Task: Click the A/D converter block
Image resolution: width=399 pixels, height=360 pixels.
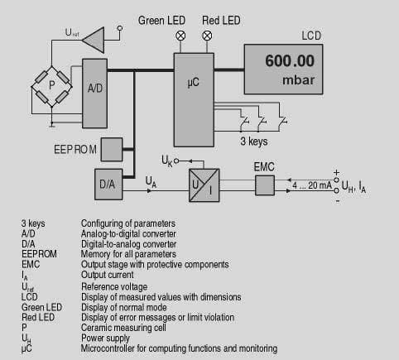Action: coord(94,94)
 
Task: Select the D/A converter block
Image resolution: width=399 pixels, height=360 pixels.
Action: coord(108,185)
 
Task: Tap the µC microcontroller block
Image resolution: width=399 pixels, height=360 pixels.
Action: coord(194,100)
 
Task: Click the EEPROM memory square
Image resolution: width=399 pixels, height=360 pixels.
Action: coord(112,150)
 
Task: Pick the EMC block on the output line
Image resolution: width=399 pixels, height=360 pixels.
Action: coord(265,185)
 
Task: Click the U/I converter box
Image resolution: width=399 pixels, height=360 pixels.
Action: coord(204,185)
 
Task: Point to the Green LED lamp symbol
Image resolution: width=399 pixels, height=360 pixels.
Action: coord(180,36)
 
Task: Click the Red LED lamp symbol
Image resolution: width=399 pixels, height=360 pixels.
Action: coord(207,36)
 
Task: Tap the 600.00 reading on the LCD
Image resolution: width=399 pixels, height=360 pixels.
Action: coord(290,60)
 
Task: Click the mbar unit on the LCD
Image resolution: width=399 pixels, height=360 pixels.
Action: coord(298,80)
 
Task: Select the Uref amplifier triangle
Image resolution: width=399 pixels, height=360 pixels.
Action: coord(94,40)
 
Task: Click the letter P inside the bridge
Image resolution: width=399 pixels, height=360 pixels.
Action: coord(51,85)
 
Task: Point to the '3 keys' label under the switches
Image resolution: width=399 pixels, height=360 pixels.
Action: coord(254,142)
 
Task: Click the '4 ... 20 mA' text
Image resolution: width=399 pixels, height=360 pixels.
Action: coord(312,185)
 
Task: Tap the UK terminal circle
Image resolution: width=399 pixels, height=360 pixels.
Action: coord(176,161)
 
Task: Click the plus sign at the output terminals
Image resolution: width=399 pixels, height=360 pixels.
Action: coord(336,173)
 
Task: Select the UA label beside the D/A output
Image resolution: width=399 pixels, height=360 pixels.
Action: coord(151,182)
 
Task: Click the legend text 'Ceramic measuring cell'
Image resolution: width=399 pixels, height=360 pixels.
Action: coord(123,328)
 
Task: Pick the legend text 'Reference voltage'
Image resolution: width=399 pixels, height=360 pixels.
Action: coord(114,286)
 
